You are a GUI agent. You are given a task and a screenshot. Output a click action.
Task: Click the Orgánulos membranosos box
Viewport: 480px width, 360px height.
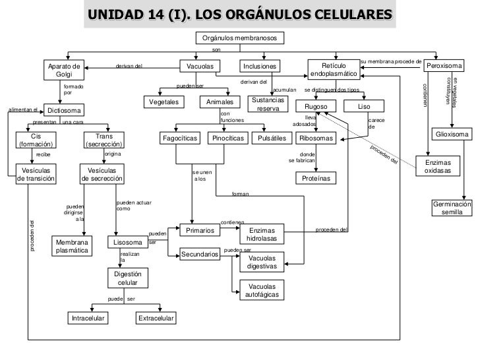pos(240,39)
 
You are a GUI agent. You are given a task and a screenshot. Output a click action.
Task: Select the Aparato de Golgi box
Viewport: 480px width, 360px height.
pos(64,71)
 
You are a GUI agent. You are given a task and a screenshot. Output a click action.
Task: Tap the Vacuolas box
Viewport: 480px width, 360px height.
pos(200,67)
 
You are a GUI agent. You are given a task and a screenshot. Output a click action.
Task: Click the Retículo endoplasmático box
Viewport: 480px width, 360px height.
pos(333,71)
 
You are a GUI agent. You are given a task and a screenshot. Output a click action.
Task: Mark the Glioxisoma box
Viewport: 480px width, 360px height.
pos(452,135)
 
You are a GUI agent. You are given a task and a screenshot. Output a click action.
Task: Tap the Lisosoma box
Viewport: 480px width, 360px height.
pos(129,243)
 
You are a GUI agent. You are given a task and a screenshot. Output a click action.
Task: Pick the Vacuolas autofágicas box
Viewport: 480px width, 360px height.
pos(262,290)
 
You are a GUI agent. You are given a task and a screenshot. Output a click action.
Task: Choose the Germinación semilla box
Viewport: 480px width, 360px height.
pos(452,208)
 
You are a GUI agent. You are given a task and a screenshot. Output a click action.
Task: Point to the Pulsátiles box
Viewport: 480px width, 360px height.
pos(272,138)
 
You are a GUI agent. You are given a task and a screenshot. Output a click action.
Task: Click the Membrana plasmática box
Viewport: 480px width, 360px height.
pos(72,247)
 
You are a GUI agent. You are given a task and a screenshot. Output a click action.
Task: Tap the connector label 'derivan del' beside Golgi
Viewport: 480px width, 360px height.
pos(129,66)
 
